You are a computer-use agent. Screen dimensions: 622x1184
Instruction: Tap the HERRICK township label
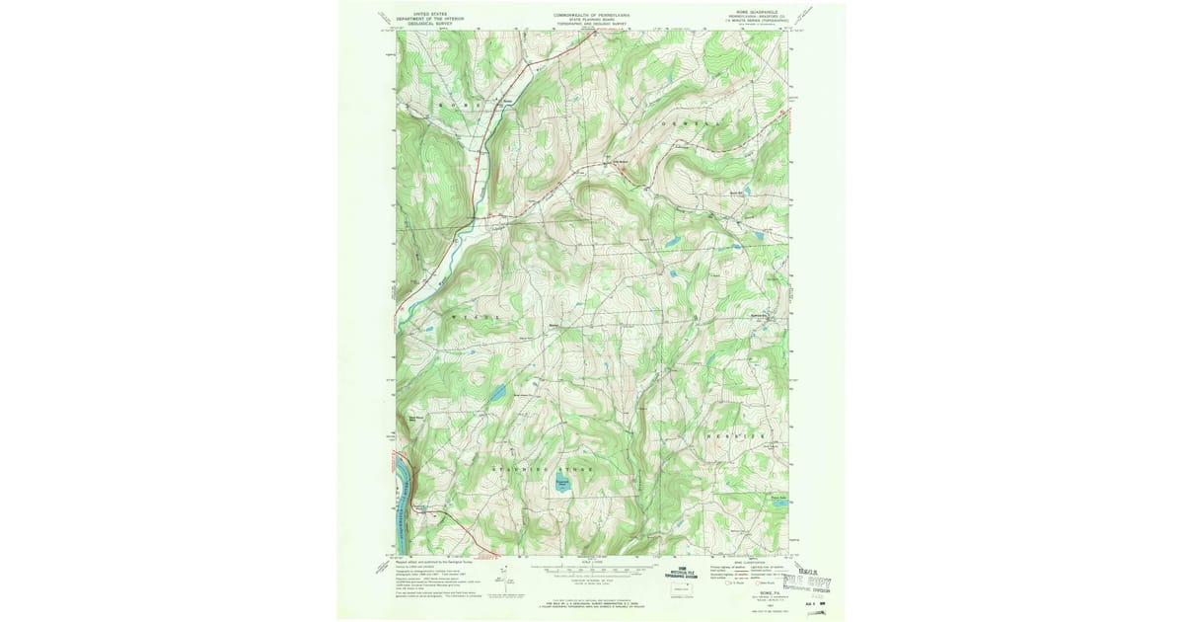click(x=733, y=435)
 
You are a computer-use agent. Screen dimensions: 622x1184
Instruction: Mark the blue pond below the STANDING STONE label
click(x=561, y=485)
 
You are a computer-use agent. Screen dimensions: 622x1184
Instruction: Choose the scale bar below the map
click(x=593, y=570)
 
